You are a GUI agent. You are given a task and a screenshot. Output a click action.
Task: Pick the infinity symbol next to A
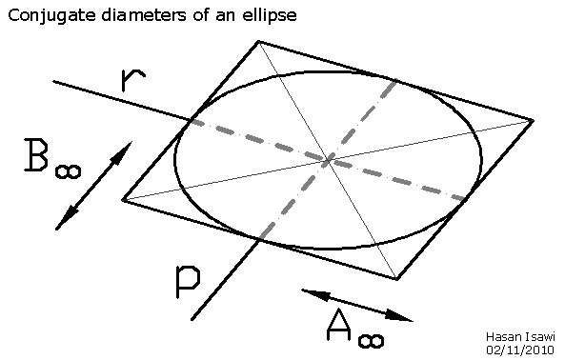373,336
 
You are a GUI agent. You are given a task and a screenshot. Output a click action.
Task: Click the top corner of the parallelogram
257,41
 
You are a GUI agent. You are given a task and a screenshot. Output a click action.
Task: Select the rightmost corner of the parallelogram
532,120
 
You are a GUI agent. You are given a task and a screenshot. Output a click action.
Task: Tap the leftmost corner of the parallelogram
123,200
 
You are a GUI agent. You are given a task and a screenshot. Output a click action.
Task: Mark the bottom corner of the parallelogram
397,279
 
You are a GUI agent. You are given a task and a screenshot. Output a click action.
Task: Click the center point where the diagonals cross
328,160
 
